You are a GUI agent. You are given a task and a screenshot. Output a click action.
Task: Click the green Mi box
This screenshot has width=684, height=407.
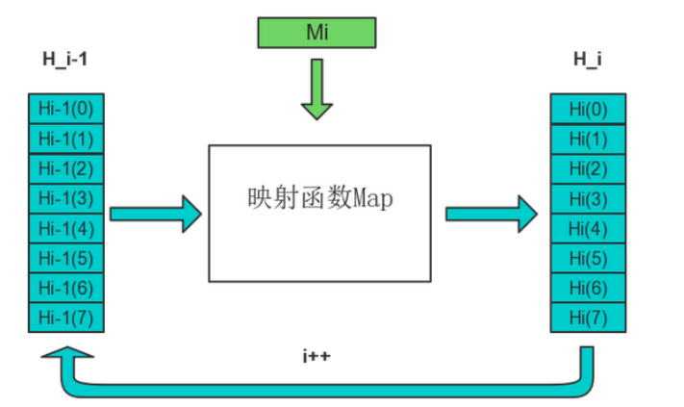[x=317, y=32]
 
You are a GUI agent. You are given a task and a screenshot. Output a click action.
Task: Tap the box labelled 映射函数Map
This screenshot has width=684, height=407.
[x=319, y=213]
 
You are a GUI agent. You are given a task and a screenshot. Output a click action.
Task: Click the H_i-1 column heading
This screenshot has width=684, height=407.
[x=66, y=61]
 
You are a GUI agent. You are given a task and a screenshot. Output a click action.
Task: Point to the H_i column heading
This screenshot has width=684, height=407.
[x=587, y=61]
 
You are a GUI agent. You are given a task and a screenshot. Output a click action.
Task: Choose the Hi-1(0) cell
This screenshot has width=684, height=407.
[x=66, y=108]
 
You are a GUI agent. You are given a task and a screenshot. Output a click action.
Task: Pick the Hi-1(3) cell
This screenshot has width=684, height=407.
[x=66, y=199]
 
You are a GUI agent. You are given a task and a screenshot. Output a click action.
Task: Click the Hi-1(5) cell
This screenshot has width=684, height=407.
[x=66, y=259]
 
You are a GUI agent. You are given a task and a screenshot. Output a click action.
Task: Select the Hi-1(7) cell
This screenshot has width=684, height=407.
[x=66, y=318]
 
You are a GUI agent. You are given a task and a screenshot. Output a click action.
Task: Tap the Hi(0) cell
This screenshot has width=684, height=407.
[x=588, y=109]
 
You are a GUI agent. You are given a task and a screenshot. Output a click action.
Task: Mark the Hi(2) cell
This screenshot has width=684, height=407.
[x=588, y=169]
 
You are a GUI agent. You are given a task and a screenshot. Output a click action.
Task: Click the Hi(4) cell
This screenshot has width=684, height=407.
[x=588, y=229]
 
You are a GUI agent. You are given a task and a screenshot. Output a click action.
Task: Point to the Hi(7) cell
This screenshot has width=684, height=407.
[x=588, y=318]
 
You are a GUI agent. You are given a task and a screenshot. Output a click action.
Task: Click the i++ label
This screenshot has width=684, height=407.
[x=317, y=356]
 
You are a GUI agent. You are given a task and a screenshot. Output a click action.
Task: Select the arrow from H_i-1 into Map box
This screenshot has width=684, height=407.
[x=155, y=213]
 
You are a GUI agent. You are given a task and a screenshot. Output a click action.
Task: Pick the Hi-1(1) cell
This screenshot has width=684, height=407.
[x=66, y=139]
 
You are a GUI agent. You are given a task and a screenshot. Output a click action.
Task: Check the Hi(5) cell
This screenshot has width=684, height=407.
[x=588, y=259]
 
